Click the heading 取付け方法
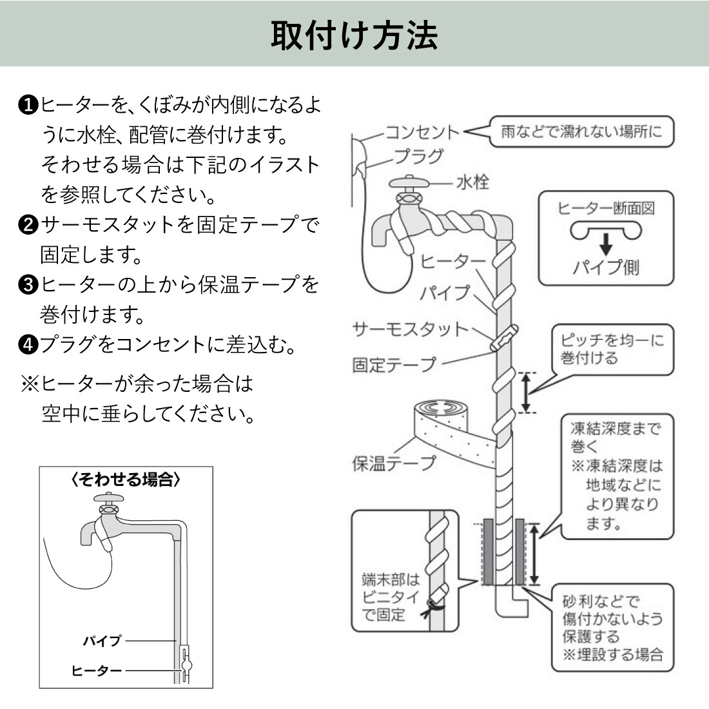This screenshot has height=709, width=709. point(354,35)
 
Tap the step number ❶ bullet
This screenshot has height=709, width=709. point(28,104)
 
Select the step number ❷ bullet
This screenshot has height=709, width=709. point(28,225)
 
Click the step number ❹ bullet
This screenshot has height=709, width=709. point(28,345)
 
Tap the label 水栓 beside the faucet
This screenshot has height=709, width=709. point(472,182)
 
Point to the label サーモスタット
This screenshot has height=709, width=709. point(410,329)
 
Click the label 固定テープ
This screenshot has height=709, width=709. point(394,365)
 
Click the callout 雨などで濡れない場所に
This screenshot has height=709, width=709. point(581,132)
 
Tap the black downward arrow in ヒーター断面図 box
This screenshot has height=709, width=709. point(605,244)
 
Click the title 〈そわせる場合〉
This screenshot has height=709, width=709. point(126,480)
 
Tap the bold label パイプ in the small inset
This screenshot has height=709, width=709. point(102,641)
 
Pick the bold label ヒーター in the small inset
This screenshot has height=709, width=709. point(97,671)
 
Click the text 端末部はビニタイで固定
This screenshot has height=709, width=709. point(390,597)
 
